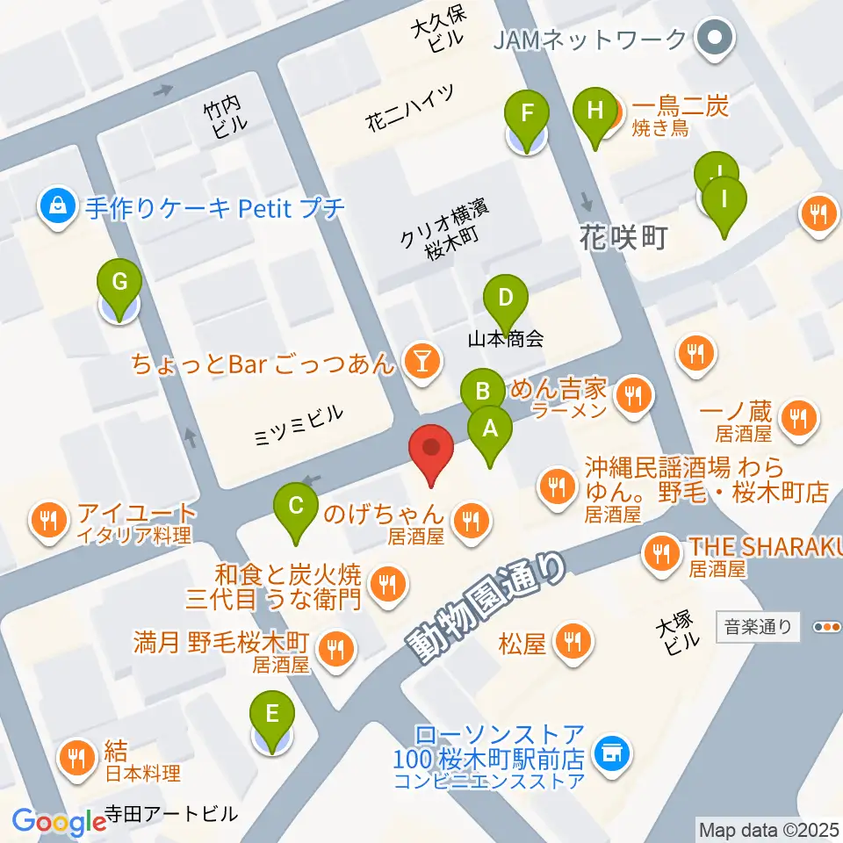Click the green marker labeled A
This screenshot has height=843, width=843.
click(x=490, y=430)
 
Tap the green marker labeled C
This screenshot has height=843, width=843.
click(x=296, y=506)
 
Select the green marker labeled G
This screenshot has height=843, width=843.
click(x=120, y=283)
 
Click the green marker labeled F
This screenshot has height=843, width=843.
click(x=527, y=114)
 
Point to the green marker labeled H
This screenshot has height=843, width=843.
click(x=595, y=112)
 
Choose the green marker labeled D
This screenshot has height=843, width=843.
click(x=505, y=297)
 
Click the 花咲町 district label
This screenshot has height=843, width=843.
click(x=623, y=235)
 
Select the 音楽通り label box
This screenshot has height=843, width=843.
click(x=758, y=627)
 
